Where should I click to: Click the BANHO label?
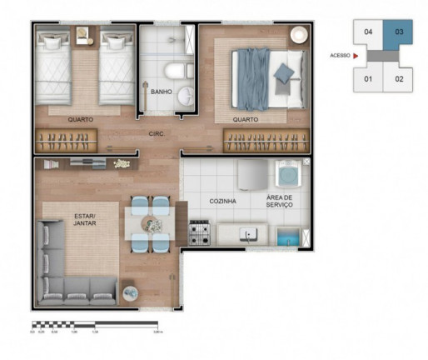click(x=162, y=92)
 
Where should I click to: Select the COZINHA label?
click(x=222, y=201)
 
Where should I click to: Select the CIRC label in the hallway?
click(x=156, y=133)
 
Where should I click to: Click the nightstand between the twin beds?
click(x=84, y=36)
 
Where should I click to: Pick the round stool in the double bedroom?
click(x=297, y=35)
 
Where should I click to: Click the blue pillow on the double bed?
click(x=283, y=73)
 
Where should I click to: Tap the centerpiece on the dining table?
click(x=151, y=223)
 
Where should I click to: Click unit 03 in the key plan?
click(x=398, y=33)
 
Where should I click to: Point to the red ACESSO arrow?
click(x=356, y=56)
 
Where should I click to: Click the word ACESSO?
click(x=340, y=56)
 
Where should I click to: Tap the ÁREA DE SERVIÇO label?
click(x=279, y=201)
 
